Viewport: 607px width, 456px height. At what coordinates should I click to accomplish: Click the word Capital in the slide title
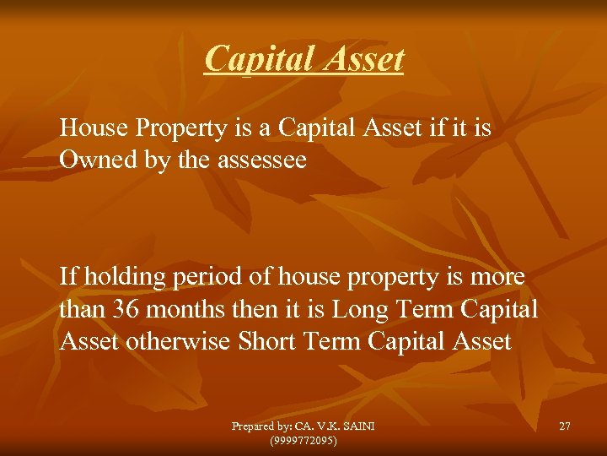(x=254, y=59)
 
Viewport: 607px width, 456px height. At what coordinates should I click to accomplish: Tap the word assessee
(x=265, y=160)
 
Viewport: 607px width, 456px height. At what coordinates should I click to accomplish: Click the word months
(x=181, y=309)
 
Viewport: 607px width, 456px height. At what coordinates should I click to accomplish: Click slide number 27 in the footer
(x=564, y=426)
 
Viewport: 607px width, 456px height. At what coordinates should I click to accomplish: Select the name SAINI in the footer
(x=357, y=426)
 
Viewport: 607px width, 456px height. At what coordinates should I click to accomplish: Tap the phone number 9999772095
(x=303, y=440)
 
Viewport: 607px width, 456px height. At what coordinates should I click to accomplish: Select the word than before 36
(x=82, y=309)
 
